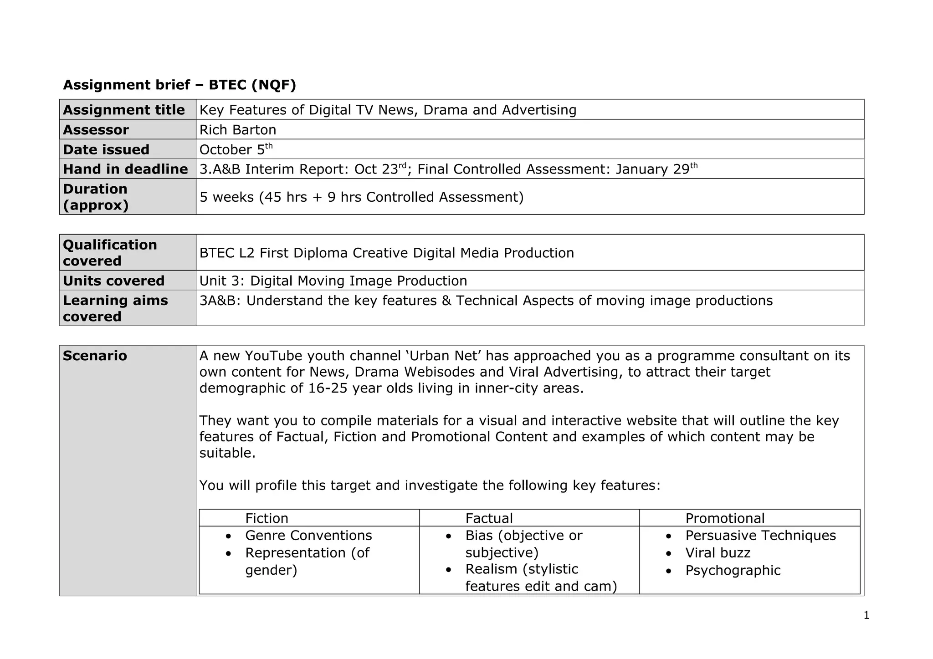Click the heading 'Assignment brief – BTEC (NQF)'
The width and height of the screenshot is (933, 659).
[179, 85]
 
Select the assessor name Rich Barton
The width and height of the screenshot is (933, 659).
[238, 130]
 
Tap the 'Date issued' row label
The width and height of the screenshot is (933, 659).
[106, 149]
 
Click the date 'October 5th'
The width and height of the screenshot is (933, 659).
[236, 149]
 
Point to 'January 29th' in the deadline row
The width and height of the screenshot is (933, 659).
[656, 169]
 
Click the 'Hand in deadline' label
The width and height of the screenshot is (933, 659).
[125, 169]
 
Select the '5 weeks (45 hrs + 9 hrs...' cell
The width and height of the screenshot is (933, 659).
[362, 197]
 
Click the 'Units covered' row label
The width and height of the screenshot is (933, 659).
[113, 281]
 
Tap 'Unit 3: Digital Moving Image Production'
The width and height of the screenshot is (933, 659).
[333, 281]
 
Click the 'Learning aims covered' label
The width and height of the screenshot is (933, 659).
[115, 308]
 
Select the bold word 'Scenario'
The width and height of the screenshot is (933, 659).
[95, 356]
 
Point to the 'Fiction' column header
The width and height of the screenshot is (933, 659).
[267, 518]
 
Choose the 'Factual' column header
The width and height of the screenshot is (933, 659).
[489, 518]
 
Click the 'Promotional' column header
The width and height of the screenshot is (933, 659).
[725, 518]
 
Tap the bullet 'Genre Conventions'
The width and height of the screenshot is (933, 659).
[308, 536]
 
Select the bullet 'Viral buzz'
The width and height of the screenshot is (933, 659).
[718, 553]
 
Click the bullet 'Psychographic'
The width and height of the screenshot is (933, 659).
[733, 570]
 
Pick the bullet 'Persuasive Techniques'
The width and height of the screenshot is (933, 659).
[760, 536]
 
